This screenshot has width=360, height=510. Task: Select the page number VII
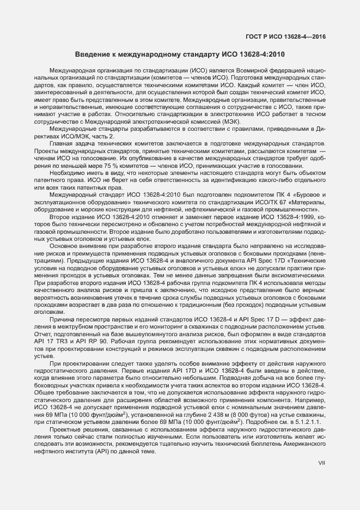pos(321,463)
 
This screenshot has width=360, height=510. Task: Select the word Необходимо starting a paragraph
pos(67,173)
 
